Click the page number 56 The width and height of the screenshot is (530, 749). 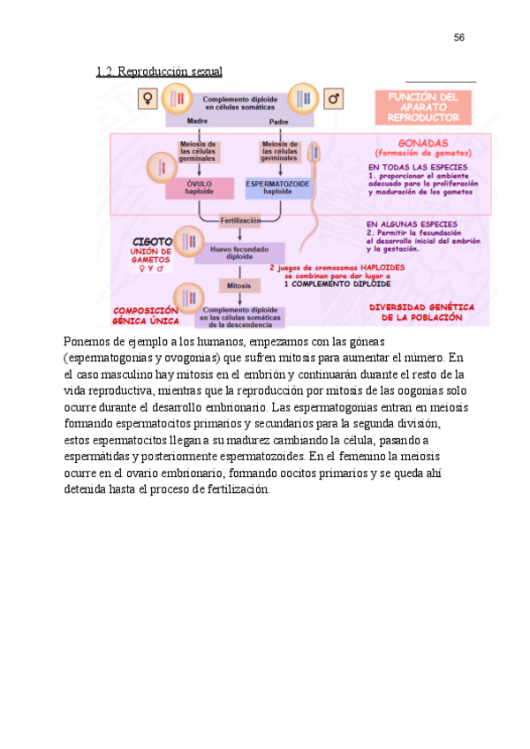pyautogui.click(x=458, y=38)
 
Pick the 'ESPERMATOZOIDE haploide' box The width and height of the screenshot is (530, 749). pyautogui.click(x=277, y=187)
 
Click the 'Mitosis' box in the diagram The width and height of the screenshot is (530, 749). pyautogui.click(x=238, y=286)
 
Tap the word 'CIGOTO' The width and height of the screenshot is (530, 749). pyautogui.click(x=152, y=241)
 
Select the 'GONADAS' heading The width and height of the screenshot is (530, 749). pyautogui.click(x=423, y=142)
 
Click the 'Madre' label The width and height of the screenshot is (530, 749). pyautogui.click(x=197, y=121)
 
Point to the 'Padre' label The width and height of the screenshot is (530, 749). pyautogui.click(x=279, y=121)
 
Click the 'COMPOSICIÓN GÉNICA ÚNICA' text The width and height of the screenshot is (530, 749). pyautogui.click(x=146, y=316)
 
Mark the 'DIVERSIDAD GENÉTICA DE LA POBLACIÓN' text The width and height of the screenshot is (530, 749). pyautogui.click(x=421, y=312)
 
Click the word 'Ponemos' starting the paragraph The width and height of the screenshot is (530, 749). pyautogui.click(x=86, y=341)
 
